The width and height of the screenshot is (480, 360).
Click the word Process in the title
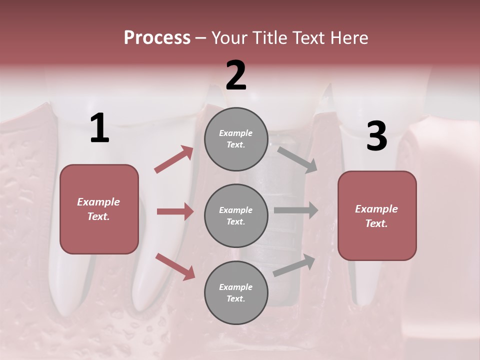[x=157, y=38]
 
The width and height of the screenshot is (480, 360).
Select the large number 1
[x=99, y=128]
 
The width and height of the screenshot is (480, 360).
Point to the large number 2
[x=236, y=75]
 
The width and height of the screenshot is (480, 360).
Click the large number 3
[x=376, y=136]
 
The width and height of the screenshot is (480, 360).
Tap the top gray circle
[x=236, y=139]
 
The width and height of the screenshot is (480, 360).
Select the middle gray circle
[x=236, y=216]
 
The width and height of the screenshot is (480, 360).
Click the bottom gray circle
[x=236, y=293]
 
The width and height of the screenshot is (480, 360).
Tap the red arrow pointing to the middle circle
[x=175, y=211]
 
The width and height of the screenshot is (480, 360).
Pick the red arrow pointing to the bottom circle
[x=175, y=266]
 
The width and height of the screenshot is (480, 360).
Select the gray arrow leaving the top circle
[x=297, y=159]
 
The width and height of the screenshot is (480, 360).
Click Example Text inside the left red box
[x=98, y=209]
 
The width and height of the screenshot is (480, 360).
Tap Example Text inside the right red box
[x=376, y=216]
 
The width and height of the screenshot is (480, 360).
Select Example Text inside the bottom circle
[x=236, y=293]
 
